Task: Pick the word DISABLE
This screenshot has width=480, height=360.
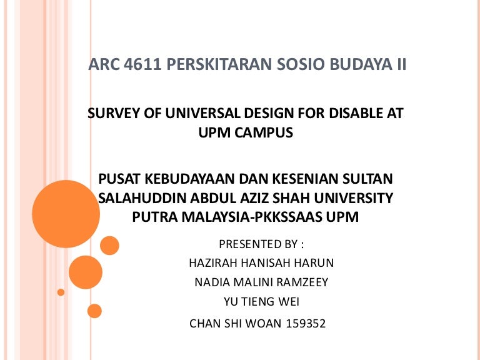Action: (347, 114)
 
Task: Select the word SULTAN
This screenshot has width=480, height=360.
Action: (369, 180)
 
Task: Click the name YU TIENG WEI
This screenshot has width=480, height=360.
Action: (261, 301)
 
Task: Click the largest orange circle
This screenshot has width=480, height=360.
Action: (66, 214)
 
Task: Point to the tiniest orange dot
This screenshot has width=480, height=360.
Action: (61, 292)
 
